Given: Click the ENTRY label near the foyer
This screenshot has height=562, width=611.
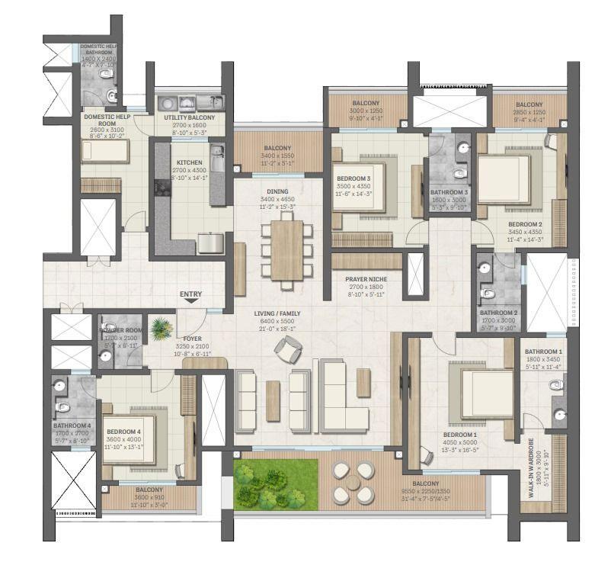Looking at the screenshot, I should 191,294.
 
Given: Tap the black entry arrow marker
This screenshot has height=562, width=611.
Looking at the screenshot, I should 191,303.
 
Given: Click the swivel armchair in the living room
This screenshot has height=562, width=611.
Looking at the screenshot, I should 288,350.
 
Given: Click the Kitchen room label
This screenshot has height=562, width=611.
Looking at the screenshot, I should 188,163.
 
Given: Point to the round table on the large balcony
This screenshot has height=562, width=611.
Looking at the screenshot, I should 353,483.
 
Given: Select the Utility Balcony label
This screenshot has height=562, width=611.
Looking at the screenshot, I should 190,118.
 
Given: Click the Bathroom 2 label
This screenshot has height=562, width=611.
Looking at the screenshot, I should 499,313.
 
